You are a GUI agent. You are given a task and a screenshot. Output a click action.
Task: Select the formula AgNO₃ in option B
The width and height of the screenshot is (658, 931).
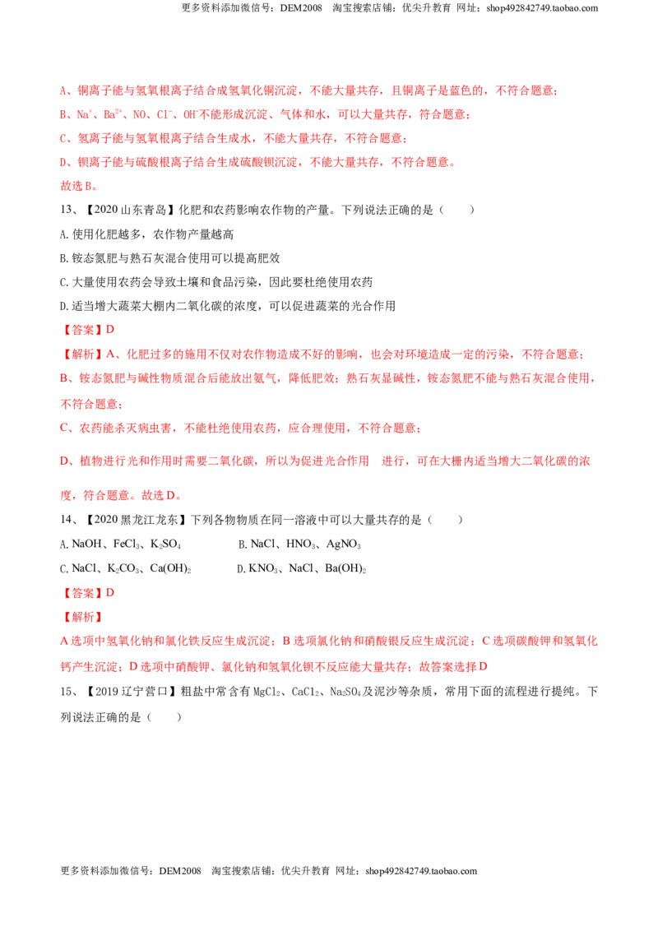(x=343, y=544)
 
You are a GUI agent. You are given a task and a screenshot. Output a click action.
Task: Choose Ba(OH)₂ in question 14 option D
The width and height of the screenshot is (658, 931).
(x=345, y=568)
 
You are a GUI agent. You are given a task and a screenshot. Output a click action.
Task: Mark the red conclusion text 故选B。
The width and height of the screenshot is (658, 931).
(x=78, y=186)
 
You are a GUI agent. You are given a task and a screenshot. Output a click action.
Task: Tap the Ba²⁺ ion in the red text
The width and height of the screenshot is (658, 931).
(x=113, y=114)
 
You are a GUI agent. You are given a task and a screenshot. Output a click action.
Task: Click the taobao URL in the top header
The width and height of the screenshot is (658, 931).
(x=542, y=8)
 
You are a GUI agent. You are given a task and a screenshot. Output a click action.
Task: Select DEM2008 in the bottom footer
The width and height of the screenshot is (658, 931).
(x=180, y=871)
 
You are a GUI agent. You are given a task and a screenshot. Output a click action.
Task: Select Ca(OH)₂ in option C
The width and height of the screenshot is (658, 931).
(x=170, y=568)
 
